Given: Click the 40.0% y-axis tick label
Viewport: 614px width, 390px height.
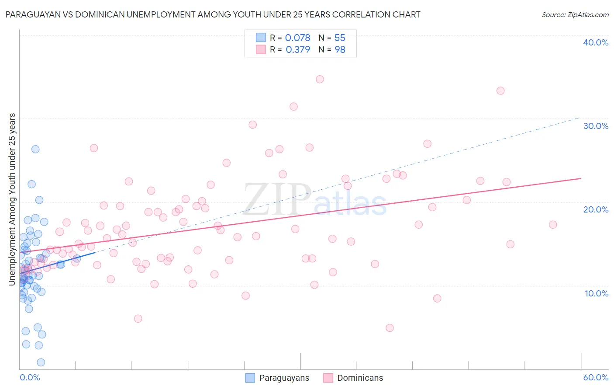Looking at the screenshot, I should (596, 42).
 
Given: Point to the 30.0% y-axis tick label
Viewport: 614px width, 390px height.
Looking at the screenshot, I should (596, 126).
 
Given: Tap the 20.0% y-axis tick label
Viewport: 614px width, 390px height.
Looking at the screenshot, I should (596, 209).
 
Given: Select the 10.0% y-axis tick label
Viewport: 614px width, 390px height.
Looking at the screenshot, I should (597, 293).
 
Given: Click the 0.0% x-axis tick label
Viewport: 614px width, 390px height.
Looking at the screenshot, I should (30, 377).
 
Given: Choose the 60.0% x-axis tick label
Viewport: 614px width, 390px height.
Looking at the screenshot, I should (596, 377).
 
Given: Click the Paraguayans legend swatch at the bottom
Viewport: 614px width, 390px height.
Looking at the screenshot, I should (250, 378).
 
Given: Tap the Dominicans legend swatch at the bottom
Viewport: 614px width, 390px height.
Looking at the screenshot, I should (328, 378).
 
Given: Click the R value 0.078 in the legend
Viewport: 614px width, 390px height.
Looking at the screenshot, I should (297, 38).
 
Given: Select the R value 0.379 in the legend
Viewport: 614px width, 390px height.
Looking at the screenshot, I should (298, 50).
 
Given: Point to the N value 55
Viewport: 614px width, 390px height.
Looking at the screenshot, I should (340, 38).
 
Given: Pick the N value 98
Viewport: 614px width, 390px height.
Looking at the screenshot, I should (340, 50).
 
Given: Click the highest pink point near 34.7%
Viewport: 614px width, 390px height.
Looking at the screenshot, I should (320, 79).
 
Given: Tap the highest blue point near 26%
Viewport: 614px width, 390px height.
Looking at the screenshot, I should (35, 149).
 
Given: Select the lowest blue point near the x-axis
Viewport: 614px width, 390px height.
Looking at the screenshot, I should (41, 362).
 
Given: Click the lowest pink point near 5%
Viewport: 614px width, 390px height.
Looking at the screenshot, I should (390, 328).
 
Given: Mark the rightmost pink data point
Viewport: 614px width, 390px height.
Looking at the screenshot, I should (553, 225).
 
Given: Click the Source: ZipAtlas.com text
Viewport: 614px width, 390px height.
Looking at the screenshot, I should (575, 14).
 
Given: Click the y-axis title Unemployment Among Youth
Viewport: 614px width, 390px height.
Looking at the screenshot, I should (12, 199).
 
